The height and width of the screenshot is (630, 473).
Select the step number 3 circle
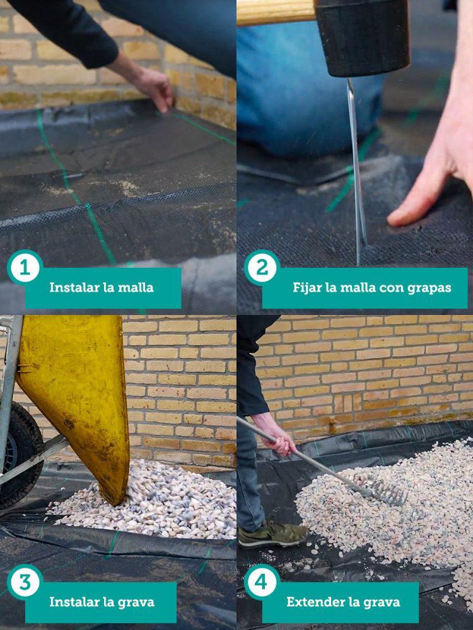(25, 582)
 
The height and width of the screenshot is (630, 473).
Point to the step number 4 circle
(262, 582)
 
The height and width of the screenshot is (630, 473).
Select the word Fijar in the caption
(307, 288)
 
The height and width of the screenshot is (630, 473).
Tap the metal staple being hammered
(358, 170)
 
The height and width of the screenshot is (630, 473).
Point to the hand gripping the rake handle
(277, 438)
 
